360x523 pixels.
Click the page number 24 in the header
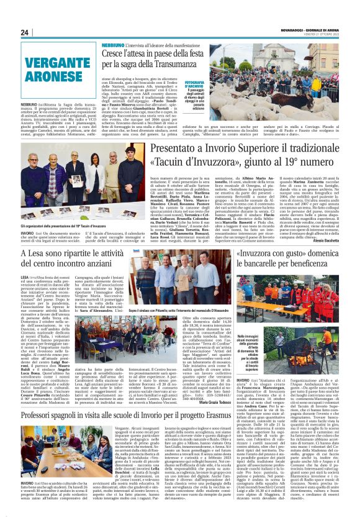coord(25,32)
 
